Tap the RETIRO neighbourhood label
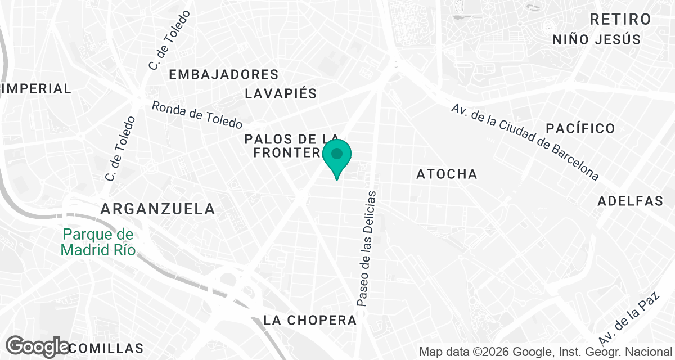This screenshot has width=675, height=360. click(x=620, y=19)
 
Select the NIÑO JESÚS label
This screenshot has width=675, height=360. click(x=597, y=39)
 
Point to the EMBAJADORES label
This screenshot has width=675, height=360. click(x=224, y=74)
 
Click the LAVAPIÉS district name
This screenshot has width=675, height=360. click(x=281, y=93)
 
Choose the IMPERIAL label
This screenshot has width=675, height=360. click(x=37, y=88)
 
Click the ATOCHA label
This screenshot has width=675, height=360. click(x=447, y=174)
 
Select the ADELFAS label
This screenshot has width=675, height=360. click(x=631, y=201)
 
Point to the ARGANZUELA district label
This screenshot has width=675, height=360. click(x=157, y=209)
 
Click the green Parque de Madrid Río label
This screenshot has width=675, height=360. click(x=98, y=242)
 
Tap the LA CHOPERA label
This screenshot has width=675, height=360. click(x=310, y=320)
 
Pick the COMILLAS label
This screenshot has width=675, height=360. click(x=107, y=348)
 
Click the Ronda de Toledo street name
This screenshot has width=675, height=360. click(x=197, y=114)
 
